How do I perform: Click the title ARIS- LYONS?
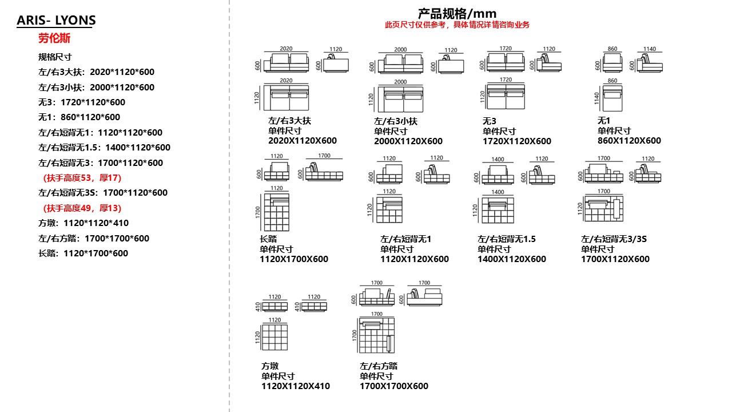[56, 21]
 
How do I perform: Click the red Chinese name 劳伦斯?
[54, 38]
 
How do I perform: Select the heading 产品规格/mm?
[457, 13]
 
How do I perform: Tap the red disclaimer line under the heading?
[457, 25]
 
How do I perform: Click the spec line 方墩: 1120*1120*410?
[83, 223]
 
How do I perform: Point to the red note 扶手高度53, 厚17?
[82, 178]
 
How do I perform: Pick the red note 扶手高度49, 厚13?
[82, 208]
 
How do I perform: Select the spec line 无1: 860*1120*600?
[79, 117]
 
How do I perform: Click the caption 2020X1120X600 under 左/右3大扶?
[303, 141]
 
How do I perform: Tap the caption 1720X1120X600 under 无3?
[517, 141]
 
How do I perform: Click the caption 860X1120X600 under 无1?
[629, 141]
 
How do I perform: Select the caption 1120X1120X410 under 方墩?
[296, 386]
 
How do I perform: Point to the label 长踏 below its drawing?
[268, 239]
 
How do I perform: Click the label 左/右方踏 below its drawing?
[379, 366]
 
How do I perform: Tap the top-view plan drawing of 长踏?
[276, 212]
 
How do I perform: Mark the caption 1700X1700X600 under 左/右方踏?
[394, 386]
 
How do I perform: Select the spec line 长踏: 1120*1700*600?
[83, 253]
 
